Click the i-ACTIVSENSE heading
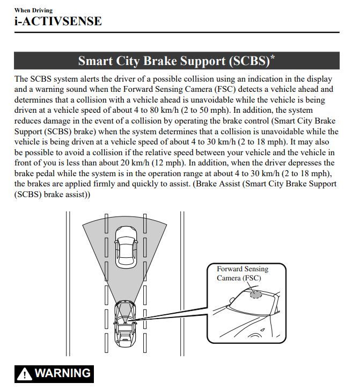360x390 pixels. click(x=58, y=21)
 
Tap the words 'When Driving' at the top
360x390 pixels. click(x=33, y=10)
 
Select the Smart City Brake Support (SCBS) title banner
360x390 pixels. click(x=177, y=61)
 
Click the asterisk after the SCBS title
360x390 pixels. click(x=273, y=57)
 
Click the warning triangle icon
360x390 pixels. click(x=24, y=374)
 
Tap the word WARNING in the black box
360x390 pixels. click(x=63, y=373)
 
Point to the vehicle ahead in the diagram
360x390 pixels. click(x=126, y=247)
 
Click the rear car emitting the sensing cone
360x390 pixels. click(x=125, y=324)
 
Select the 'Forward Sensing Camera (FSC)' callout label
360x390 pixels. click(x=243, y=273)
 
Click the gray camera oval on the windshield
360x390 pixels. click(x=256, y=295)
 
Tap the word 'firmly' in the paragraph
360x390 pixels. click(x=104, y=184)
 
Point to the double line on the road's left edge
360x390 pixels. click(x=68, y=284)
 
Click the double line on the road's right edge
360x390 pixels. click(x=182, y=284)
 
